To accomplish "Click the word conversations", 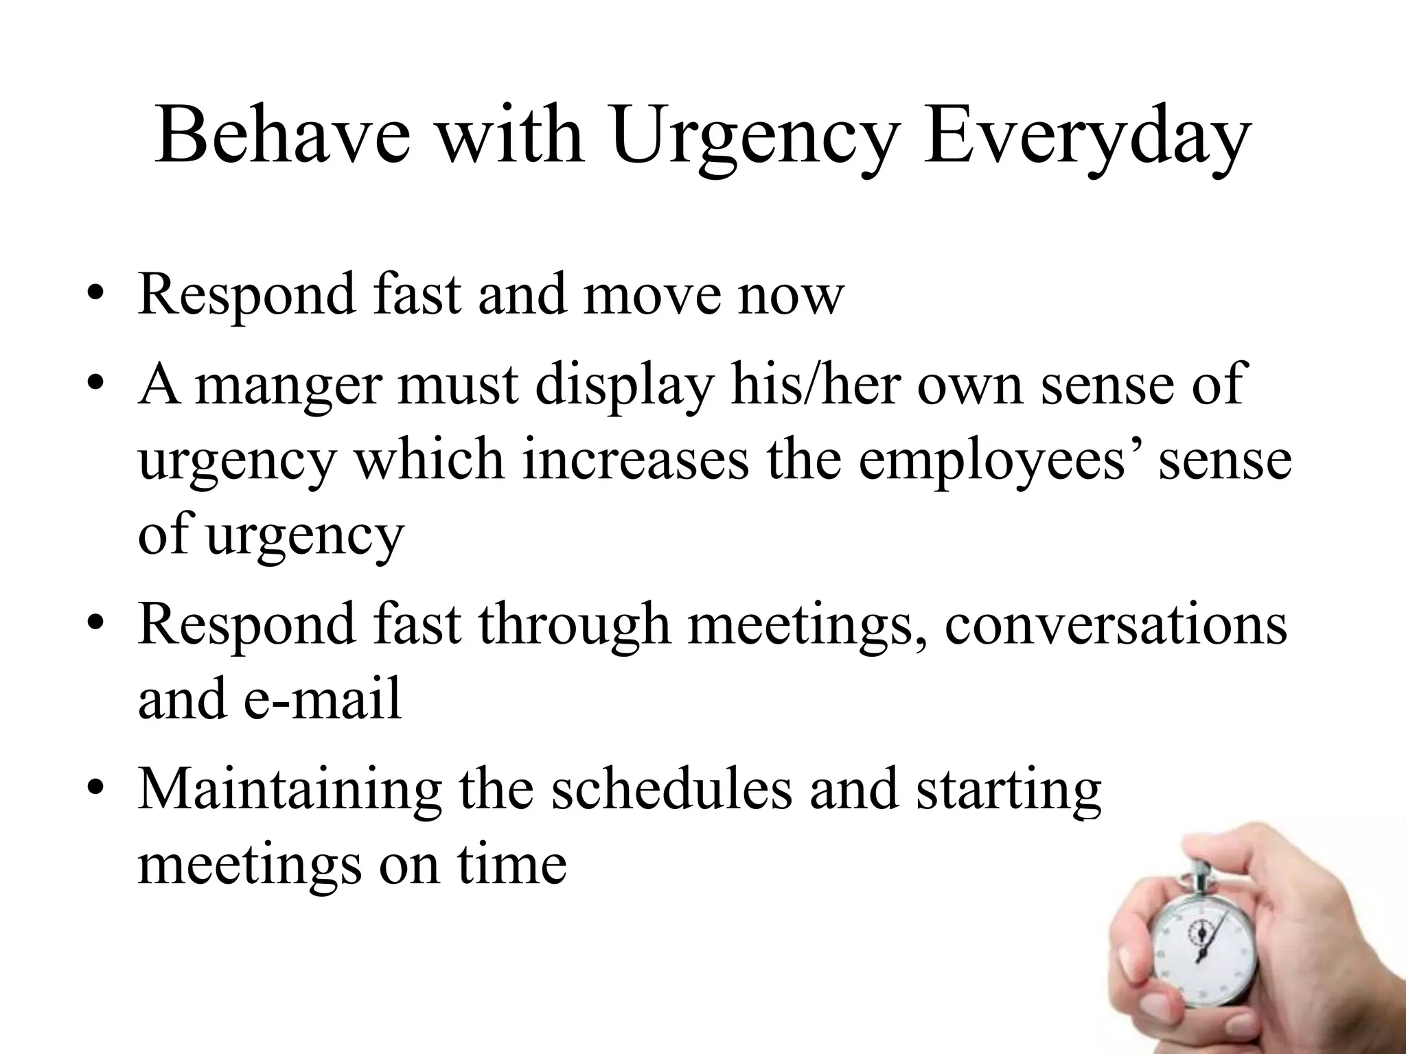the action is (1116, 625).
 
